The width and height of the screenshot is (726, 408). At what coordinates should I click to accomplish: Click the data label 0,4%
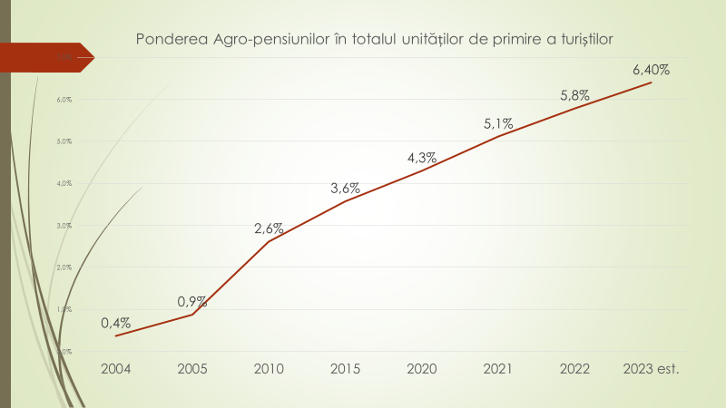(x=116, y=323)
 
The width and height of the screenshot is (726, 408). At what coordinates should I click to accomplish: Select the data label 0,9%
(x=192, y=301)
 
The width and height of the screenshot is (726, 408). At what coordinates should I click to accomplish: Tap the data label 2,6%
(x=270, y=228)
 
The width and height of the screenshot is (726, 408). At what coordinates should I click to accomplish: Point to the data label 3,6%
(x=346, y=189)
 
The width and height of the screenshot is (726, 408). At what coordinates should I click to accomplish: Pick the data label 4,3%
(x=423, y=158)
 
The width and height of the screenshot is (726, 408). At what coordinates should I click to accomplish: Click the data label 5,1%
(x=499, y=123)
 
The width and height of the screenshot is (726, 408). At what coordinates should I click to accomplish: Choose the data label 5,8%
(x=575, y=95)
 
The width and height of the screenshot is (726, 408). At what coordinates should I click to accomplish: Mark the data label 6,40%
(x=652, y=70)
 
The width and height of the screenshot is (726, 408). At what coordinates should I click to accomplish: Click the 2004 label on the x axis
(x=116, y=370)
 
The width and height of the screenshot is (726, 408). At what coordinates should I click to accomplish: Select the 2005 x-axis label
(x=192, y=370)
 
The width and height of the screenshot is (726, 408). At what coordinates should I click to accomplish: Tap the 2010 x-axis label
(x=270, y=370)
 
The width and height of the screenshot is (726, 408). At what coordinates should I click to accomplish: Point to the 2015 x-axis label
(x=346, y=370)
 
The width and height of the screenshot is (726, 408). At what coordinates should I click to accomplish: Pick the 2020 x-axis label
(x=423, y=370)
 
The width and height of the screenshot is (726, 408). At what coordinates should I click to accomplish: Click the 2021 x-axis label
(x=499, y=370)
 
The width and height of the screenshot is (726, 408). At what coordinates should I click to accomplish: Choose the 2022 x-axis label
(x=575, y=370)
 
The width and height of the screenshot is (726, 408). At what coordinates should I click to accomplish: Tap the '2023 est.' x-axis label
(x=652, y=370)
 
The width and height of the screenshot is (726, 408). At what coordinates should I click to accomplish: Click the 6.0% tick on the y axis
(x=40, y=100)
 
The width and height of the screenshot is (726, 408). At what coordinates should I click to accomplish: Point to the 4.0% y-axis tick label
(x=40, y=184)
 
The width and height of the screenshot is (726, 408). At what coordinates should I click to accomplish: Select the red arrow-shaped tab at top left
(x=45, y=57)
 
